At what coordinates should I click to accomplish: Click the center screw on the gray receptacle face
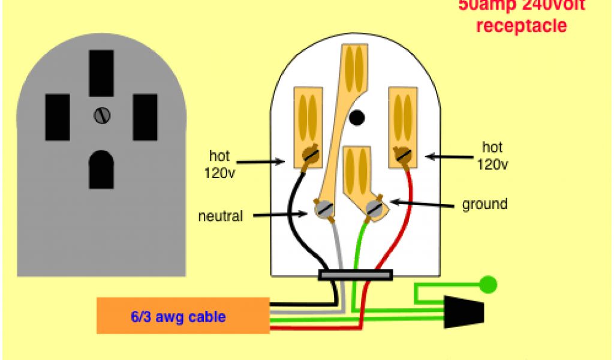click(101, 115)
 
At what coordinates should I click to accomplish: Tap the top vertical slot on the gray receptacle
click(101, 73)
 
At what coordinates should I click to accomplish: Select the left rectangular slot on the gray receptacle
click(58, 117)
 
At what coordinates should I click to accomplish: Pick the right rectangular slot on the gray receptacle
click(145, 117)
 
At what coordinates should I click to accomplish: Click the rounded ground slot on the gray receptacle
click(101, 169)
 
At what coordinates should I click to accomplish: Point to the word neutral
click(220, 216)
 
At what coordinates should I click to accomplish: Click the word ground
click(484, 204)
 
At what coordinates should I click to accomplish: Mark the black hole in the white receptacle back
click(357, 118)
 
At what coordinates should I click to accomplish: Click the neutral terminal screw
click(324, 209)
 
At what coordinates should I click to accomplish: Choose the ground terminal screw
click(375, 209)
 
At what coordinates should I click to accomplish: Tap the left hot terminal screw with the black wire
click(309, 157)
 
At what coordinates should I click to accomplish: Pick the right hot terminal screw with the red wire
click(404, 157)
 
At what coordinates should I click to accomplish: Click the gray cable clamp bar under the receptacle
click(356, 275)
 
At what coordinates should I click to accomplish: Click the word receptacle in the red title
click(521, 26)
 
